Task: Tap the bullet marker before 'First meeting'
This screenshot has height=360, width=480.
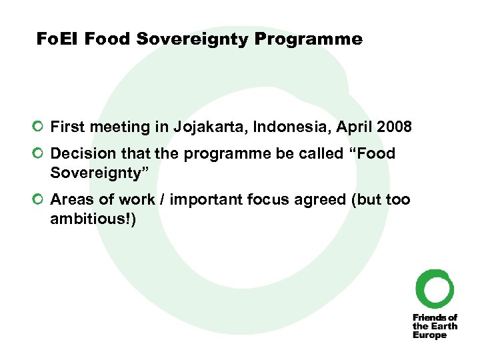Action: [x=40, y=127]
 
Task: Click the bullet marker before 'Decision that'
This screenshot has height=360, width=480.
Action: [x=40, y=153]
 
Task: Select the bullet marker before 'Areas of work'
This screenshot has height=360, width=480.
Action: [x=40, y=199]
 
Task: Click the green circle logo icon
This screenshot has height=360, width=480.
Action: [x=435, y=288]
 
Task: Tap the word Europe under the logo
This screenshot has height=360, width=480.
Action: [x=429, y=335]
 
